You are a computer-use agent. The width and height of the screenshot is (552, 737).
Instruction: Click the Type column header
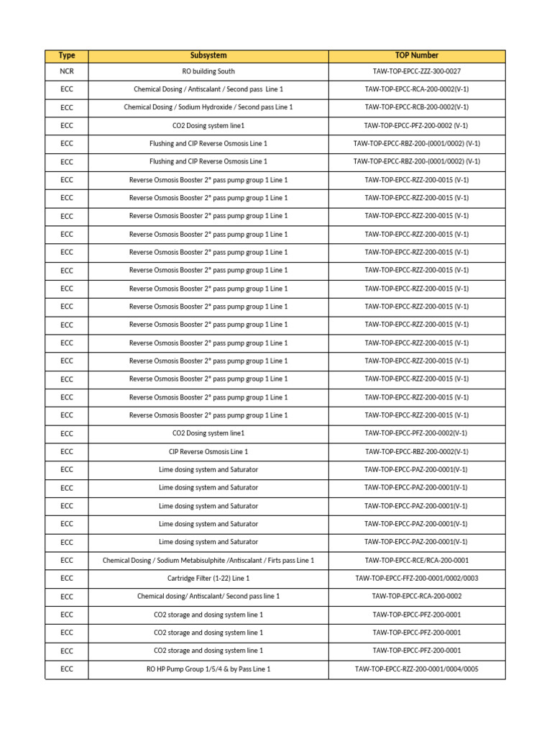pyautogui.click(x=67, y=55)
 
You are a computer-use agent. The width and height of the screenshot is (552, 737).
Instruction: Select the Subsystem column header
pyautogui.click(x=208, y=55)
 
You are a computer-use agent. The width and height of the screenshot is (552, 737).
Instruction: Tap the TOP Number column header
pyautogui.click(x=416, y=55)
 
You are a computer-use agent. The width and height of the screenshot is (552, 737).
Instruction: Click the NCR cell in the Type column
pyautogui.click(x=67, y=71)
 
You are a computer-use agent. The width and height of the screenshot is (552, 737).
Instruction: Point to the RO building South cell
pyautogui.click(x=208, y=71)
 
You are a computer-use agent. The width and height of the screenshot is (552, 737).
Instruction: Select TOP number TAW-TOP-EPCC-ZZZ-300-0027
pyautogui.click(x=416, y=71)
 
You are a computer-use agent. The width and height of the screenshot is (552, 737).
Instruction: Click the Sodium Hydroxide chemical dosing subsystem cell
pyautogui.click(x=208, y=107)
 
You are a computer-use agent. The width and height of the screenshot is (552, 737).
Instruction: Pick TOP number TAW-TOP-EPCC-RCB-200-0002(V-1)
pyautogui.click(x=416, y=107)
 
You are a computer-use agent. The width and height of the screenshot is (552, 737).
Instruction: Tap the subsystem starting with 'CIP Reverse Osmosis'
pyautogui.click(x=208, y=451)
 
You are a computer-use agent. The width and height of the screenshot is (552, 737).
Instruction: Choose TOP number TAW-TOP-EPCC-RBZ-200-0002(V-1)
pyautogui.click(x=416, y=451)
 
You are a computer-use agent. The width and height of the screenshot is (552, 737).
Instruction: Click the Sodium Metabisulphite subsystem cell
pyautogui.click(x=208, y=560)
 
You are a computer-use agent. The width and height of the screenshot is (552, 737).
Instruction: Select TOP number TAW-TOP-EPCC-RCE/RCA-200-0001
pyautogui.click(x=416, y=560)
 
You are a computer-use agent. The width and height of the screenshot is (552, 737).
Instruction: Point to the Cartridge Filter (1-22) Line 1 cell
pyautogui.click(x=208, y=578)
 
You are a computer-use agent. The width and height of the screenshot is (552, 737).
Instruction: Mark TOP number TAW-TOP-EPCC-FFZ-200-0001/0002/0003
pyautogui.click(x=416, y=578)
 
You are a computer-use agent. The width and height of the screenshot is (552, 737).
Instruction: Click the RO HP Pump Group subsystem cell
pyautogui.click(x=208, y=669)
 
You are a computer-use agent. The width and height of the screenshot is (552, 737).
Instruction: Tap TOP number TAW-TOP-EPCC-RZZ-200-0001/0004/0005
pyautogui.click(x=416, y=669)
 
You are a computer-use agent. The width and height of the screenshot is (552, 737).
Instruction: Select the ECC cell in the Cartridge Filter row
pyautogui.click(x=67, y=578)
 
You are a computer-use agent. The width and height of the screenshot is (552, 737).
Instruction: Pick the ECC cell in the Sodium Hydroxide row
pyautogui.click(x=67, y=107)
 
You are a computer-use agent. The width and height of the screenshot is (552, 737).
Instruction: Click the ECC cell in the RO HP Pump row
pyautogui.click(x=67, y=669)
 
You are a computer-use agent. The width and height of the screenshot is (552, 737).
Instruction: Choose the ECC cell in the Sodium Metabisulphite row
pyautogui.click(x=67, y=560)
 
